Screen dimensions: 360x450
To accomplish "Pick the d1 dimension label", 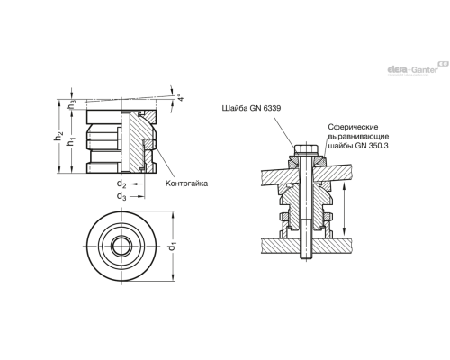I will pyautogui.click(x=182, y=240).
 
